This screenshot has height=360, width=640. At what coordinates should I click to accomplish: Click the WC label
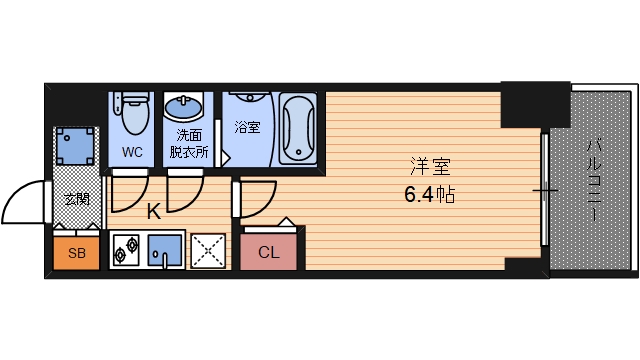pyautogui.click(x=132, y=152)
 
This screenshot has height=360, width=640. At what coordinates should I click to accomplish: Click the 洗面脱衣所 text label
pyautogui.click(x=188, y=144)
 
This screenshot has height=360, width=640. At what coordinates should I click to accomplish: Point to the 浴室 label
pyautogui.click(x=246, y=127)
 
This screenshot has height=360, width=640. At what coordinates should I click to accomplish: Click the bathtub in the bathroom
pyautogui.click(x=297, y=128)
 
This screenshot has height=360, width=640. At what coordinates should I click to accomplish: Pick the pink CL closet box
pyautogui.click(x=269, y=252)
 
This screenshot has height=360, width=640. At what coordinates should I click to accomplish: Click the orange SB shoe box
pyautogui.click(x=77, y=253)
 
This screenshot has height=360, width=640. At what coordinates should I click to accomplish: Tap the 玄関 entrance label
pyautogui.click(x=77, y=198)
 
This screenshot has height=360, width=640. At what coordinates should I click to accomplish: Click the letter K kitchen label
pyautogui.click(x=153, y=212)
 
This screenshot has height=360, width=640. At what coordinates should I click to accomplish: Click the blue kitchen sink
pyautogui.click(x=165, y=251)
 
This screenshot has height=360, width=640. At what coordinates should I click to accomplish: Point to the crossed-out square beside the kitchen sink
pyautogui.click(x=208, y=251)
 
